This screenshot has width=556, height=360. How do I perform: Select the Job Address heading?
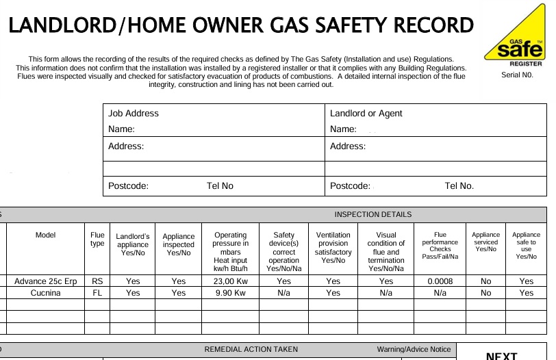tap(133, 114)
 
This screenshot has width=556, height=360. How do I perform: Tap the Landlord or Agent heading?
tap(366, 114)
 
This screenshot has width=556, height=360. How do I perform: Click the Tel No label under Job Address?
tap(220, 186)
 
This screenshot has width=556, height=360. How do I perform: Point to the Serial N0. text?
tap(517, 75)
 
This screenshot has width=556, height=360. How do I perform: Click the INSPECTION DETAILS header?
tap(372, 215)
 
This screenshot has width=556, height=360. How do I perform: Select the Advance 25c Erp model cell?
tap(45, 281)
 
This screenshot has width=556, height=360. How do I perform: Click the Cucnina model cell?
tap(45, 293)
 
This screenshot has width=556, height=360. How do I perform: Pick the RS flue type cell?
tap(97, 281)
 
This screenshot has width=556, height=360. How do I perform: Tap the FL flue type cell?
tap(97, 293)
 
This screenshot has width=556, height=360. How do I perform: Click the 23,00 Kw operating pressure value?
tap(230, 281)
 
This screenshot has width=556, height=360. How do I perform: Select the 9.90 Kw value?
tap(230, 293)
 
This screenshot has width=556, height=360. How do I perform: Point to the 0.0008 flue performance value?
tap(440, 281)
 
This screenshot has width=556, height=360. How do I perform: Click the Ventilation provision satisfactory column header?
tap(333, 248)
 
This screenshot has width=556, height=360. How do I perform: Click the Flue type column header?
tap(97, 240)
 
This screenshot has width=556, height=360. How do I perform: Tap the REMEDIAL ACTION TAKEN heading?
tap(251, 349)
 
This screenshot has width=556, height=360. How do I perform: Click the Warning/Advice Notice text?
tap(414, 349)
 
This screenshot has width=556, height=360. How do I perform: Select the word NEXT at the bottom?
tap(501, 356)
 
